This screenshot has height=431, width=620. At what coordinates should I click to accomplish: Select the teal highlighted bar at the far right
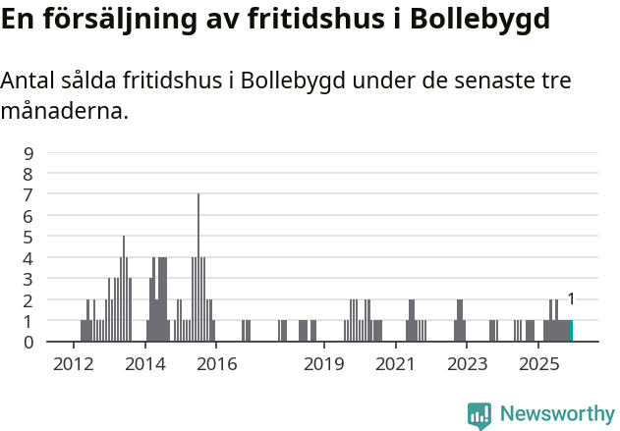571,331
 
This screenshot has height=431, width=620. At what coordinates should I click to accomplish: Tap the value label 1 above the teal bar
571,299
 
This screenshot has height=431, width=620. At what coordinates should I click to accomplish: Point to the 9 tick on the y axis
28,153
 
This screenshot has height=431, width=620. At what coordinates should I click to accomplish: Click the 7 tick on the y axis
28,194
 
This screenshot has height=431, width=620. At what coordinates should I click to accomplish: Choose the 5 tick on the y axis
28,237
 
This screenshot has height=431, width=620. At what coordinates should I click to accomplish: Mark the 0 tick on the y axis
28,342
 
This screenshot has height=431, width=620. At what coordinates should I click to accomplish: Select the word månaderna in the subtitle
64,111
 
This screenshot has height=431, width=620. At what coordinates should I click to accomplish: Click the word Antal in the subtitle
29,81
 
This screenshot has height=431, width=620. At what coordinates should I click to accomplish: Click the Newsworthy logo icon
479,415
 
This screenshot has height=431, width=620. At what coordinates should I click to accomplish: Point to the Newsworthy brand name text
557,414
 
